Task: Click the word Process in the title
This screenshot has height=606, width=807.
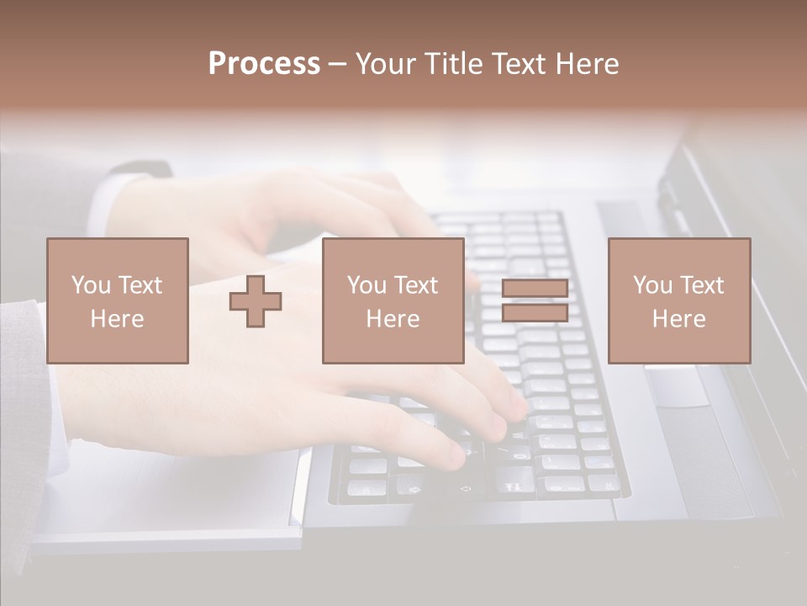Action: (264, 64)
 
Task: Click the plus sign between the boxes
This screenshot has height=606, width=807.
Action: (256, 300)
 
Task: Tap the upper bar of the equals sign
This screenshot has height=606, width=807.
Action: (535, 289)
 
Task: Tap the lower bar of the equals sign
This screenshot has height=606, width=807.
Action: (535, 312)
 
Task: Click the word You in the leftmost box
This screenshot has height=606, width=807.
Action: (91, 285)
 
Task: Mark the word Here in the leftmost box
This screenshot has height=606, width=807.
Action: (117, 319)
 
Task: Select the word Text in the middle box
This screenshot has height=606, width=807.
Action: (415, 285)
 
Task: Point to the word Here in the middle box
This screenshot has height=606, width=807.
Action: (393, 319)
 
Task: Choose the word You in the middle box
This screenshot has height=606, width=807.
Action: (367, 285)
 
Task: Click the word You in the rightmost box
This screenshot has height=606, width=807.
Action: (652, 285)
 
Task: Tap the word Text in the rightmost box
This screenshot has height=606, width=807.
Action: (701, 285)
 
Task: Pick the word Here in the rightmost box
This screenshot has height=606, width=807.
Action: (678, 319)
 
